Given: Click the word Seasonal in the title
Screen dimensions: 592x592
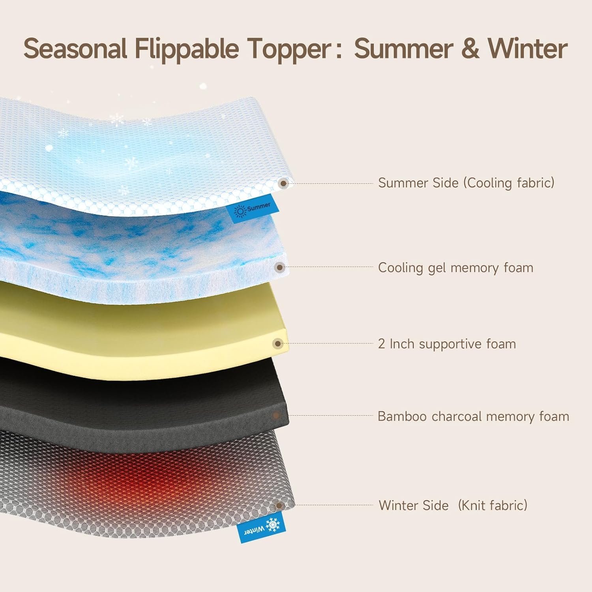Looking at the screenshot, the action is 75,49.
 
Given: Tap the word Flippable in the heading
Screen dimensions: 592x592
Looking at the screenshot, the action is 186,49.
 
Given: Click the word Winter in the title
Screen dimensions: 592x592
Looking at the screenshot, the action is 528,49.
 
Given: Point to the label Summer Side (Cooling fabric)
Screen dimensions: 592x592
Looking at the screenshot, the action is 466,183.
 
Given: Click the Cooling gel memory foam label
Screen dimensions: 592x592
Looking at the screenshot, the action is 455,268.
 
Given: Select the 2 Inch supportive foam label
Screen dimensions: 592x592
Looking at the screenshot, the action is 447,344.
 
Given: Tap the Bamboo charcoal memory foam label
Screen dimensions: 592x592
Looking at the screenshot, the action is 473,416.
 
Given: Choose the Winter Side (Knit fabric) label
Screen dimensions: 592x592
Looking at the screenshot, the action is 453,505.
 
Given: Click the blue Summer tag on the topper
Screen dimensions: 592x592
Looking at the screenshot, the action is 252,208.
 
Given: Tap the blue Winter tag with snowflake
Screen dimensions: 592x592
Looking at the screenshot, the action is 261,526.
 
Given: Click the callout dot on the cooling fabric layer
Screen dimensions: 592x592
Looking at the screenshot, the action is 283,184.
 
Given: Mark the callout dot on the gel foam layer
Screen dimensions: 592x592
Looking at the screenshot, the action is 280,268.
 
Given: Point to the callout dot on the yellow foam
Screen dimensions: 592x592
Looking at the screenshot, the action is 278,344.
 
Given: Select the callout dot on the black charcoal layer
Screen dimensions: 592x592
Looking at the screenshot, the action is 276,416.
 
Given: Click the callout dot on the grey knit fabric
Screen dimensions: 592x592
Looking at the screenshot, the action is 279,506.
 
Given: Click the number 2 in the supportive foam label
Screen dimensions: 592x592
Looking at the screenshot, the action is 381,344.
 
